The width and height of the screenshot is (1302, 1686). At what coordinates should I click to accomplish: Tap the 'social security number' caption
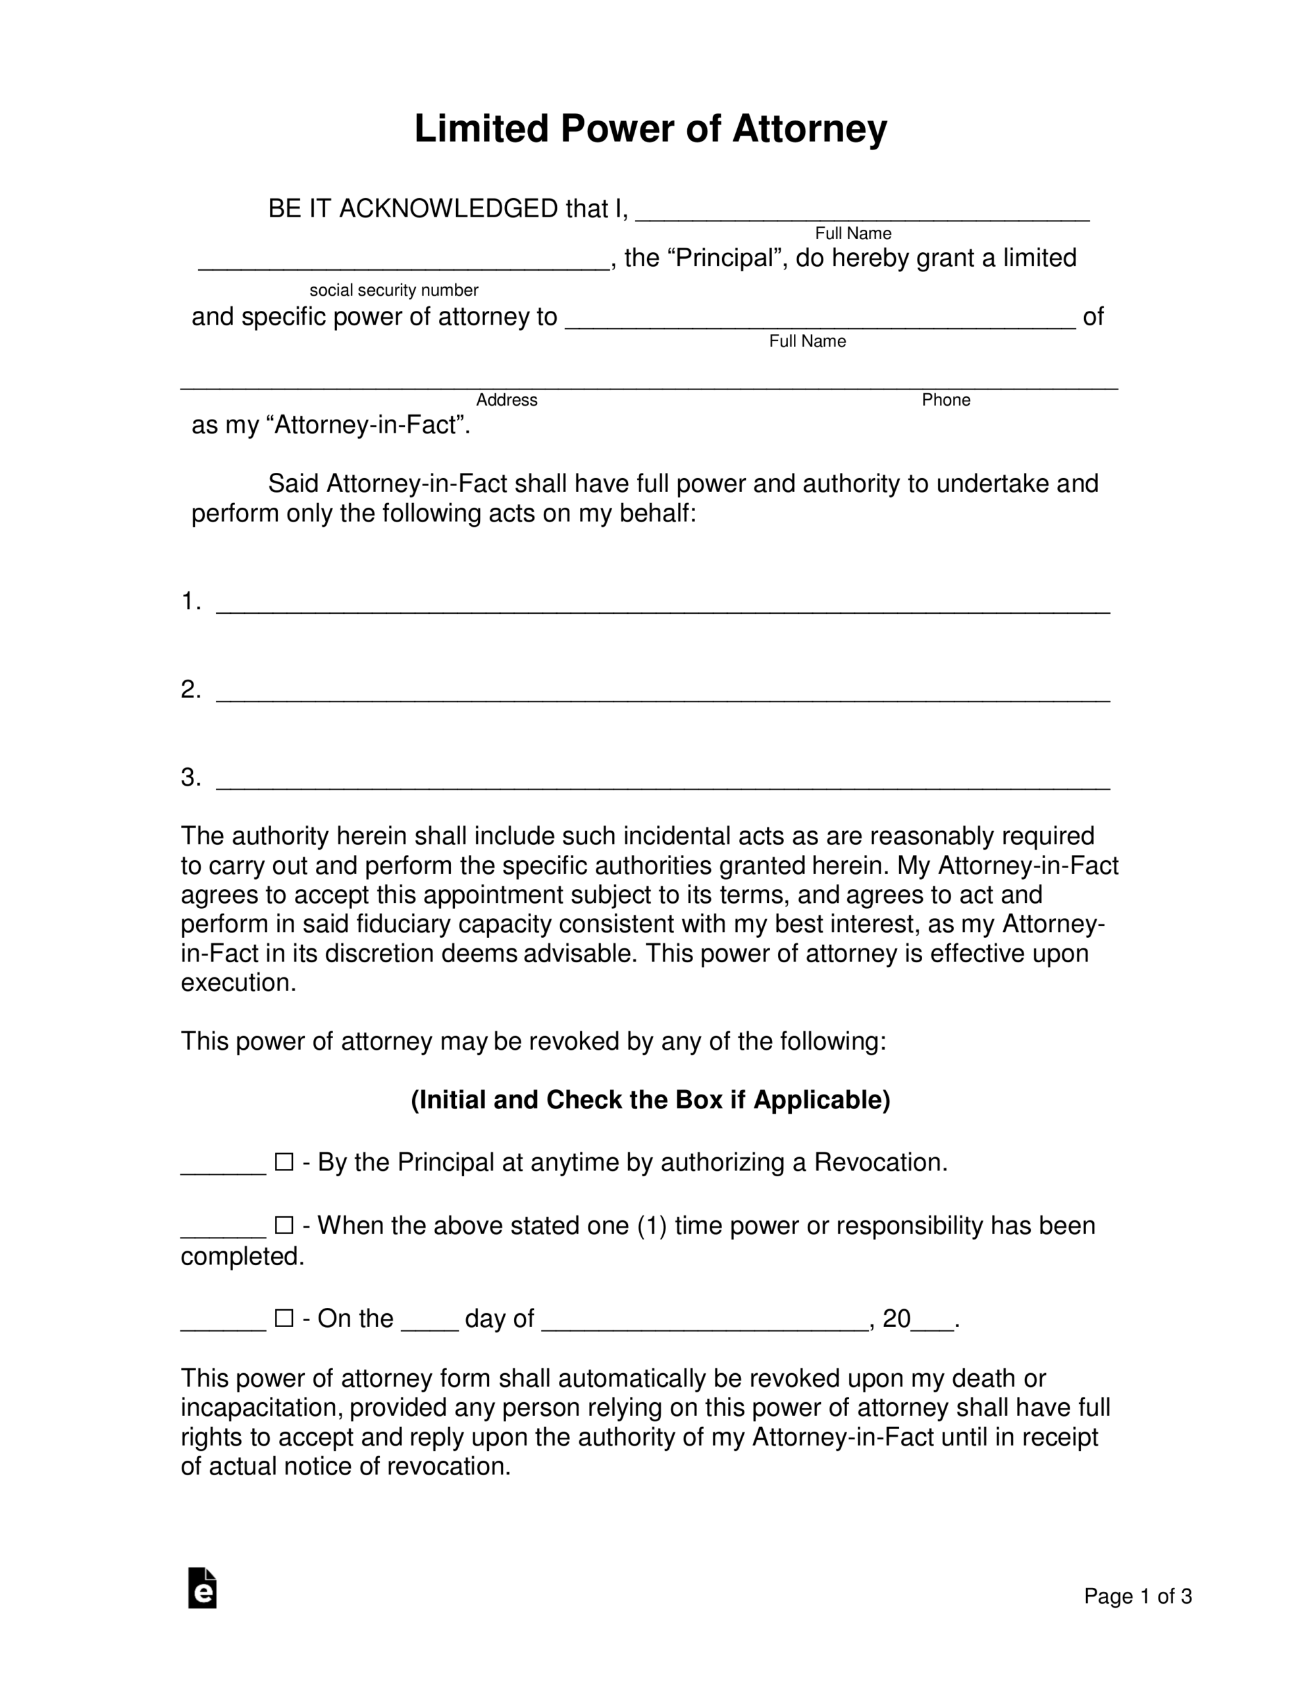[394, 290]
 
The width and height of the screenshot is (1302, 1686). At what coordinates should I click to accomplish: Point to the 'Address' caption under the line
[506, 400]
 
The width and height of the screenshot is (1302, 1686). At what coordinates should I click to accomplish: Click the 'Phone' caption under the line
[945, 400]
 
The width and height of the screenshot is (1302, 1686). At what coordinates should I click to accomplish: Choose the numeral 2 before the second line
[189, 690]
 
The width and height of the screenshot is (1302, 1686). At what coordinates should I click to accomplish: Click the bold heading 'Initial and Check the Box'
[650, 1100]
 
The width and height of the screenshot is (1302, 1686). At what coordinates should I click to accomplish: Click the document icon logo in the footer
[202, 1589]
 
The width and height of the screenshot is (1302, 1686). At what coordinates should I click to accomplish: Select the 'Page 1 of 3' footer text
[1137, 1596]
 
